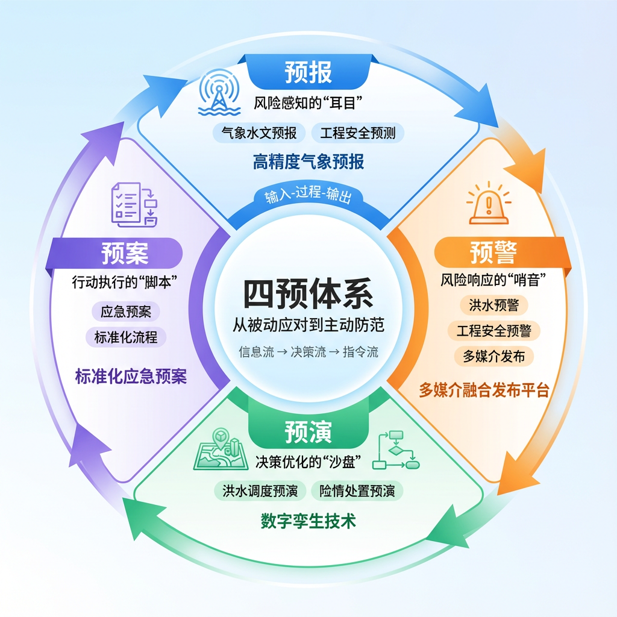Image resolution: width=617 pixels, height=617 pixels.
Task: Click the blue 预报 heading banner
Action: (308, 72)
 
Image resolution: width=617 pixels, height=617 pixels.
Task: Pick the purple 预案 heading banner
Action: (125, 252)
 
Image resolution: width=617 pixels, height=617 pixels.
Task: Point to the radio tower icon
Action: (219, 93)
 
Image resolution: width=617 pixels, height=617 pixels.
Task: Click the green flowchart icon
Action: (396, 451)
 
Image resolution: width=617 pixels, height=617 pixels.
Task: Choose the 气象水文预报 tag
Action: (259, 133)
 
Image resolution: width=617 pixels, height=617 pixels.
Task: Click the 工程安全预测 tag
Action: (358, 133)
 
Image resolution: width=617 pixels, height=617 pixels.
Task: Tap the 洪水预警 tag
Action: (494, 305)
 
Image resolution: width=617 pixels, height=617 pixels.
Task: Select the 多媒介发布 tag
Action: (494, 356)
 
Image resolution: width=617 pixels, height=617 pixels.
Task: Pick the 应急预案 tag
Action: (126, 312)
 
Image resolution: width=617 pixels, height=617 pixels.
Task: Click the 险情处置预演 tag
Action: (357, 491)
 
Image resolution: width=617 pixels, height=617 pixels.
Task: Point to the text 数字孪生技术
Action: (308, 521)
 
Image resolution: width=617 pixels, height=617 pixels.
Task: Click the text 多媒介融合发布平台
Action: (484, 390)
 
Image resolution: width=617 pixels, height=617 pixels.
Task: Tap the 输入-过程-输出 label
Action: (308, 197)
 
